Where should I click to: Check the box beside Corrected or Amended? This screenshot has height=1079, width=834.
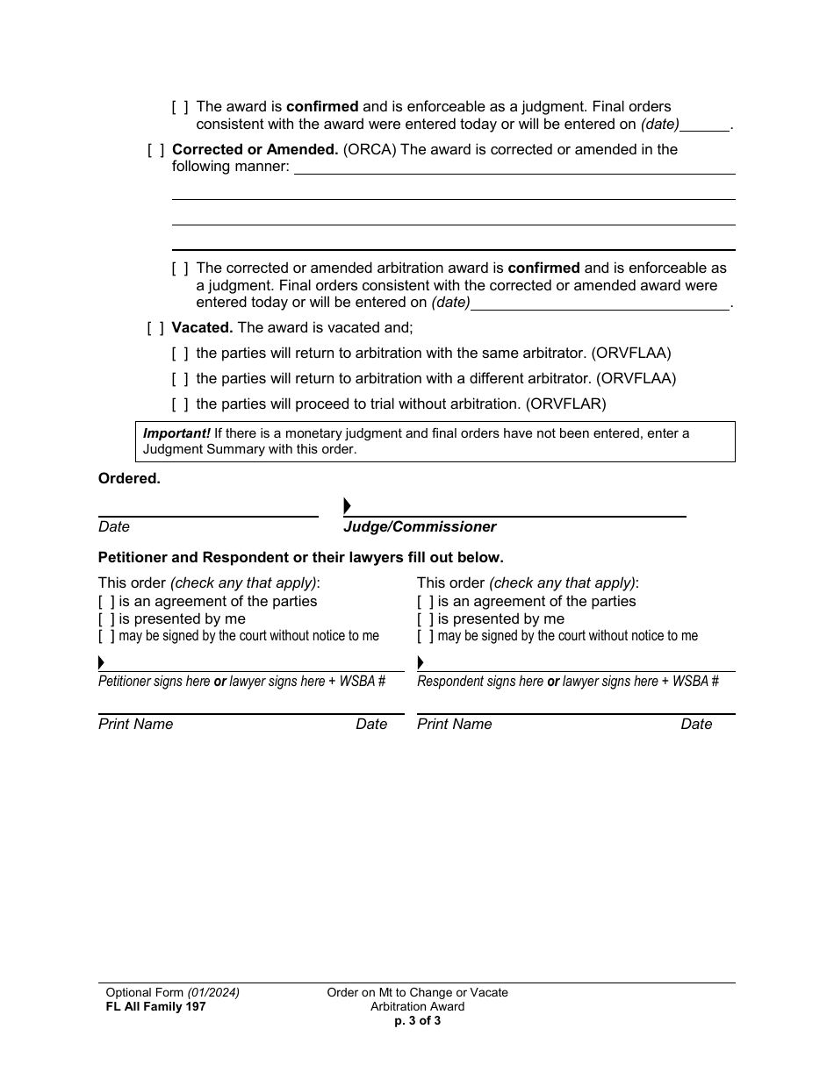click(155, 150)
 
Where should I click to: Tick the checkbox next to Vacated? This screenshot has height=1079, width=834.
click(155, 328)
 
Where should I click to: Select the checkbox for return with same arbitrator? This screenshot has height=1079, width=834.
click(180, 354)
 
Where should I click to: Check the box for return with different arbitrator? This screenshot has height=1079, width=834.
click(180, 379)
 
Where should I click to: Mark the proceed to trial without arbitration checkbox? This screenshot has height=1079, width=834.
click(180, 404)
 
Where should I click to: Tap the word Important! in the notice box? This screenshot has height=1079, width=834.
click(176, 433)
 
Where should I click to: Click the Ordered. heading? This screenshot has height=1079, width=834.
click(129, 479)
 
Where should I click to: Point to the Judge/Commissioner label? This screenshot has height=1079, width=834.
click(420, 527)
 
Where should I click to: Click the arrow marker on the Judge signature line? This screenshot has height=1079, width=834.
click(347, 506)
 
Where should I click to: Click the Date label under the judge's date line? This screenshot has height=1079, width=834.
click(114, 527)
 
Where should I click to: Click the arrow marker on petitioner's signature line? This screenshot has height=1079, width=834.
click(101, 662)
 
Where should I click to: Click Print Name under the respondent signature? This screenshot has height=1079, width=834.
click(454, 725)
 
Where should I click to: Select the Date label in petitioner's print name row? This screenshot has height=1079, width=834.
click(371, 725)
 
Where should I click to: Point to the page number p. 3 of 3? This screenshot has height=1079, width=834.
click(417, 1020)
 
